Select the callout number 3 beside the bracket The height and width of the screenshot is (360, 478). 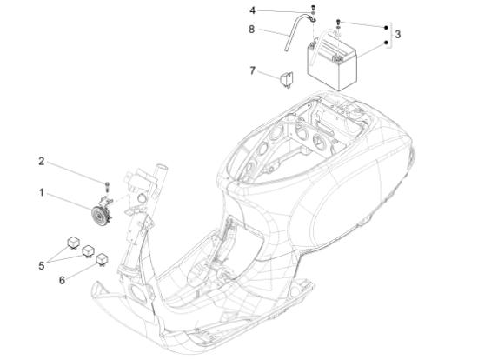(x=398, y=35)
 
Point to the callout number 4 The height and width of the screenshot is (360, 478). (x=253, y=10)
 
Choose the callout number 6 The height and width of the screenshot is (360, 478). (x=61, y=280)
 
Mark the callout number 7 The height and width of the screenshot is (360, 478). (x=252, y=70)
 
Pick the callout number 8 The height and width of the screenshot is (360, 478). (x=253, y=29)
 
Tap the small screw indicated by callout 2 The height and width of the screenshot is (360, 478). (x=106, y=184)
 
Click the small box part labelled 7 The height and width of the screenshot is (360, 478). (x=284, y=81)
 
